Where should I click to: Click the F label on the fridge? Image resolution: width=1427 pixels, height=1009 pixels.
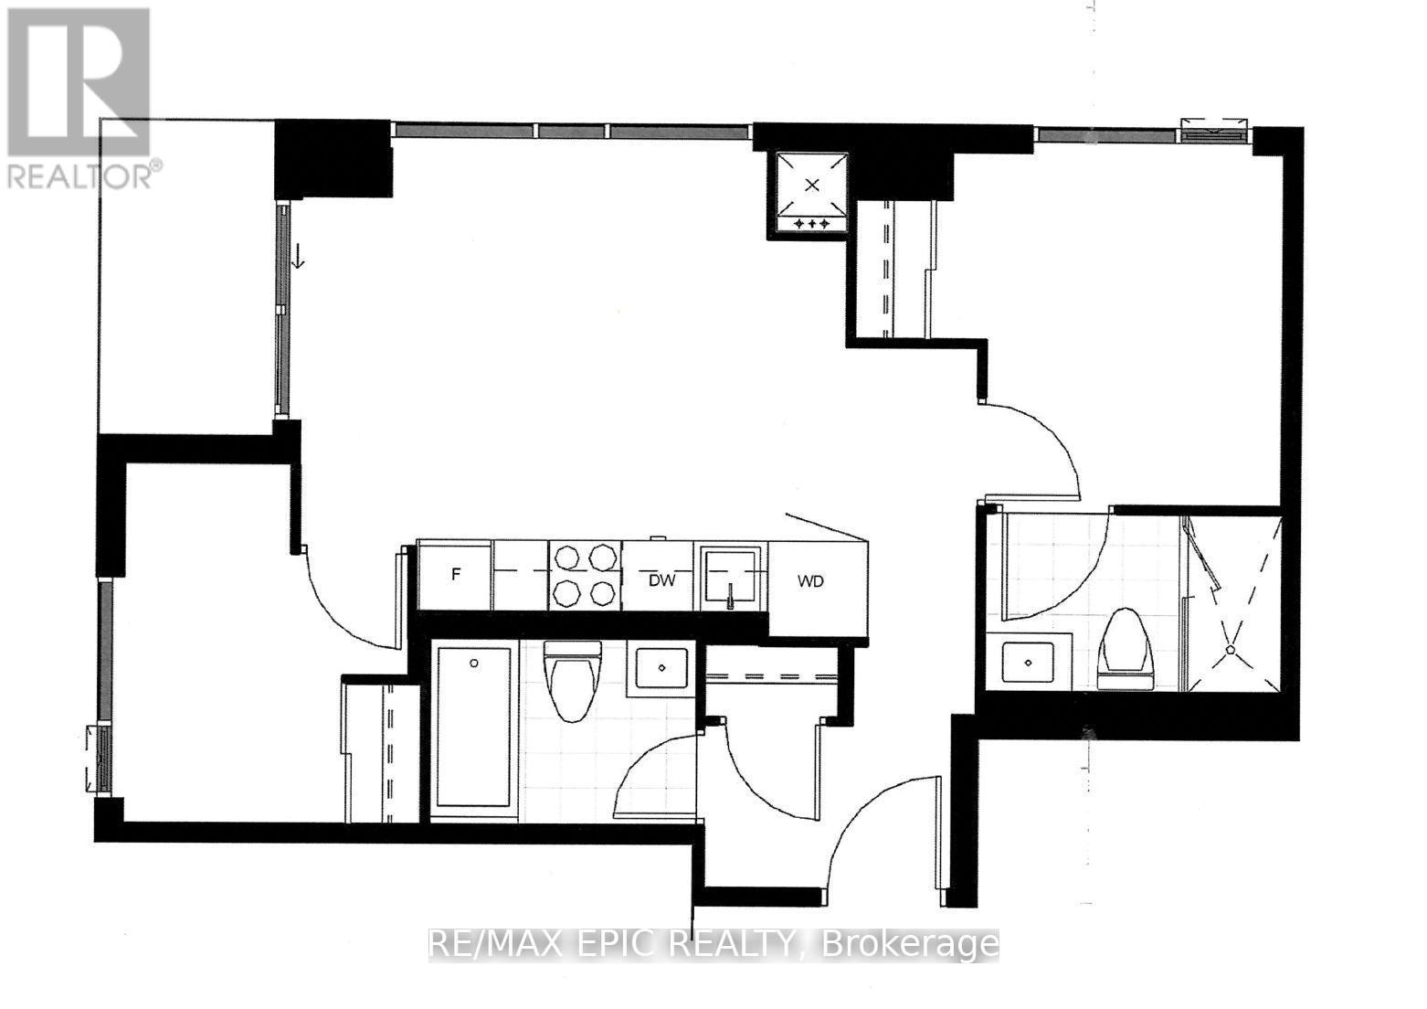tap(456, 574)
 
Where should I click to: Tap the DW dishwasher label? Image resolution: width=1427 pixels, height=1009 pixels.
tap(662, 580)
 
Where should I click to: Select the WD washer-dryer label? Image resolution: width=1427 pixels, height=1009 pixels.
tap(810, 581)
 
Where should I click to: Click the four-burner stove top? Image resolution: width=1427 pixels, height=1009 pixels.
tap(584, 576)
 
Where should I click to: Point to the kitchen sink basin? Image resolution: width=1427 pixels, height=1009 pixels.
tap(731, 577)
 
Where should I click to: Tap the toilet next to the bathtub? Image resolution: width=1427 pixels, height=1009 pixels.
tap(573, 680)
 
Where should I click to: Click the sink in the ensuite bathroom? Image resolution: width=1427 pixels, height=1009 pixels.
tap(1028, 663)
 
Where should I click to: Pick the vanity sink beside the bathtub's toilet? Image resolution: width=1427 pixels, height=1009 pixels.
tap(662, 667)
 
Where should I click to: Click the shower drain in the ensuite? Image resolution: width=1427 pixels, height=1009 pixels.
tap(1231, 650)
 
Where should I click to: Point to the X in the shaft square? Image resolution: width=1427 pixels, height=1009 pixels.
tap(811, 186)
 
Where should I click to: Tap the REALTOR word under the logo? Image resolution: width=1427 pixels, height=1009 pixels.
tap(78, 177)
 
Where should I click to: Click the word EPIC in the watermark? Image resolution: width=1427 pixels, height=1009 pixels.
tap(614, 944)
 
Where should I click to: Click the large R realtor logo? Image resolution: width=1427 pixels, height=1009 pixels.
tap(79, 82)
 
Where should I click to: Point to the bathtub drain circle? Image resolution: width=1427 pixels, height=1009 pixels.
tap(474, 663)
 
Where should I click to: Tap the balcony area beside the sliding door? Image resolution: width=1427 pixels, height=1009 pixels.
tap(188, 275)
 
